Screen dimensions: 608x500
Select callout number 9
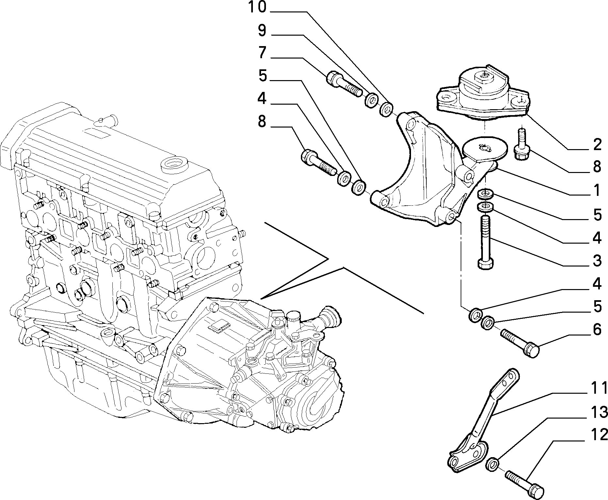tap(262, 31)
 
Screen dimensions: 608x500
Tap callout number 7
tap(262, 53)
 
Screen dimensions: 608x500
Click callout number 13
tap(596, 412)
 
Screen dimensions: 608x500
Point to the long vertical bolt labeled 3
tap(485, 242)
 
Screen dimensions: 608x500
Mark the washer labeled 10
tap(386, 109)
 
